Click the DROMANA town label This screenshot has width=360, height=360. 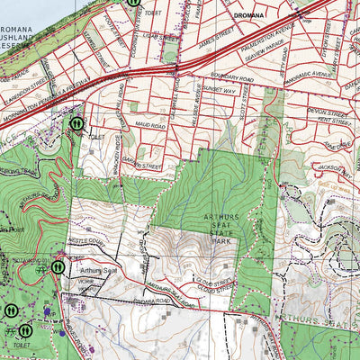248,16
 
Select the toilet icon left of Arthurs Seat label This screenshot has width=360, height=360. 58,266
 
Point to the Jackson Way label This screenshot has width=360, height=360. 332,168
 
